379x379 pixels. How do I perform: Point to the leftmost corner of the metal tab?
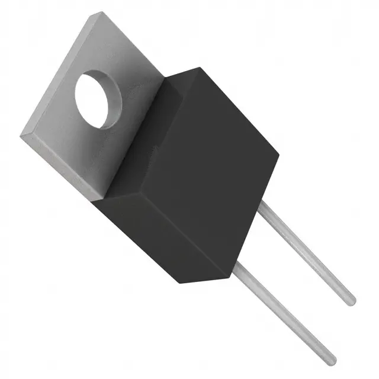click(x=21, y=137)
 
